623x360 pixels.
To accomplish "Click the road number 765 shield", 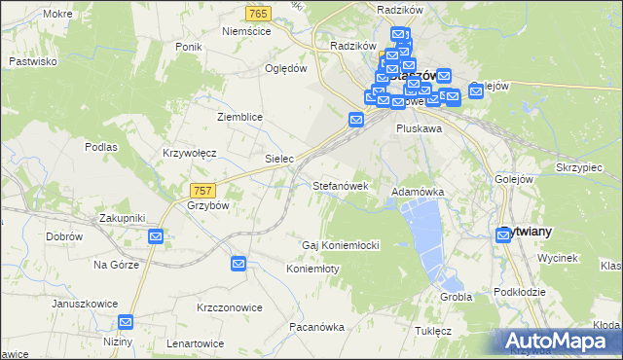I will pyautogui.click(x=259, y=13).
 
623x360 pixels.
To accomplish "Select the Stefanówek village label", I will pyautogui.click(x=339, y=185).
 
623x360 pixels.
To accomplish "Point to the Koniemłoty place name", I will pyautogui.click(x=312, y=269).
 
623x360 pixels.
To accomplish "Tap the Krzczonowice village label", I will pyautogui.click(x=230, y=307).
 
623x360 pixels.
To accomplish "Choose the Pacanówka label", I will pyautogui.click(x=316, y=327).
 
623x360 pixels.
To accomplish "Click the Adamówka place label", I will pyautogui.click(x=418, y=193).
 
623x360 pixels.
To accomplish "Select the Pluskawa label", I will pyautogui.click(x=420, y=127).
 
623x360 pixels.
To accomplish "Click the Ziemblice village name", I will pyautogui.click(x=239, y=116).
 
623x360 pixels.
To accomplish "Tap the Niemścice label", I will pyautogui.click(x=245, y=31).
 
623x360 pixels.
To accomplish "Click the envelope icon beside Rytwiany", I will pyautogui.click(x=504, y=234).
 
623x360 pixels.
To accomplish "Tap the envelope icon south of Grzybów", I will pyautogui.click(x=156, y=236).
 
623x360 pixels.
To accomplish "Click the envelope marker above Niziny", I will pyautogui.click(x=127, y=322).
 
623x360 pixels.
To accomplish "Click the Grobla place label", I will pyautogui.click(x=456, y=297).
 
